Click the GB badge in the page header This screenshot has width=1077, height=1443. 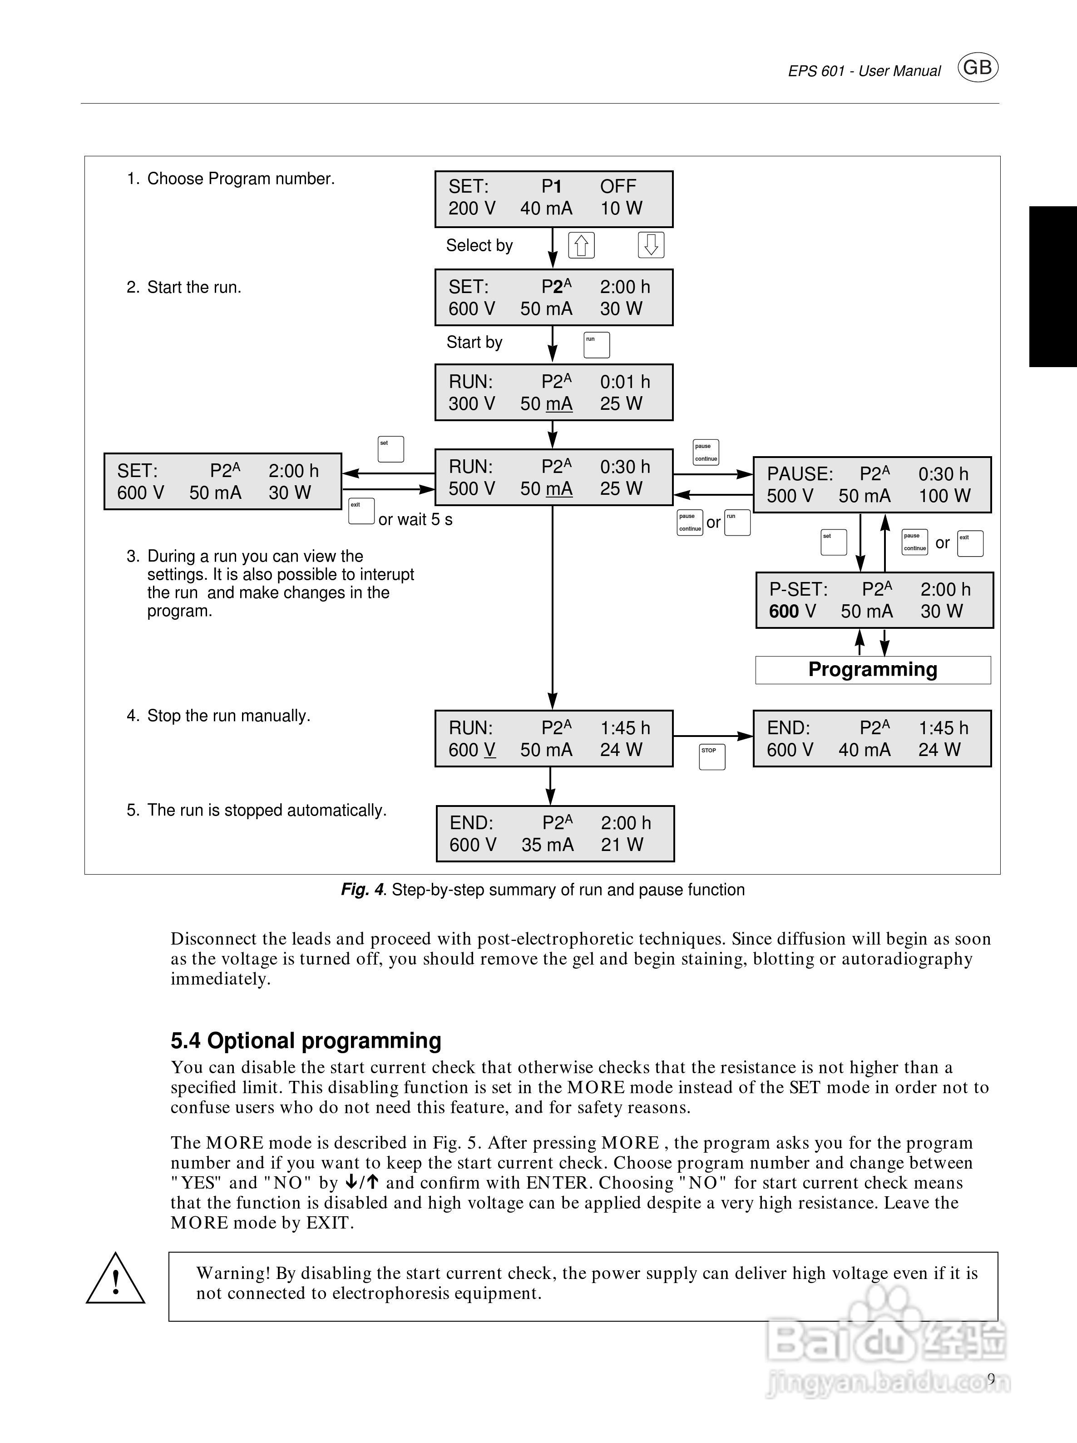[977, 68]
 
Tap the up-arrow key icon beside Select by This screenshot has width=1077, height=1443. [581, 245]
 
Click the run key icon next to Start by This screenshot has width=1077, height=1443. [597, 345]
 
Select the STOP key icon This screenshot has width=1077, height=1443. [712, 757]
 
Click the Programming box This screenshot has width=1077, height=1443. [873, 670]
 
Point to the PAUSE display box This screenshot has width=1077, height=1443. [872, 485]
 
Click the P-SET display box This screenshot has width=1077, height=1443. [874, 600]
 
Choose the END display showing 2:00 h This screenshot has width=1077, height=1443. [555, 834]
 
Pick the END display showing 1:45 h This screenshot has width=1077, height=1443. [872, 738]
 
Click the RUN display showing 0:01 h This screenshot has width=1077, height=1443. [553, 392]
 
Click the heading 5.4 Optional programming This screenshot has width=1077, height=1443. [306, 1040]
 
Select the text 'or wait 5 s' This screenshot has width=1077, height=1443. [415, 520]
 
